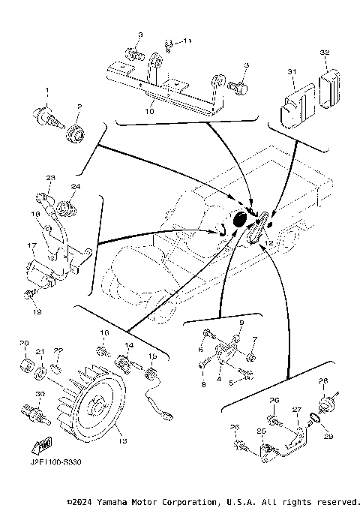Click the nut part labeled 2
76,136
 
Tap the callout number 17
31,245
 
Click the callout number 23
50,178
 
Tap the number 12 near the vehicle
268,245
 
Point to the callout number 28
323,380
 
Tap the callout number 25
260,431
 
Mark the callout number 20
23,343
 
